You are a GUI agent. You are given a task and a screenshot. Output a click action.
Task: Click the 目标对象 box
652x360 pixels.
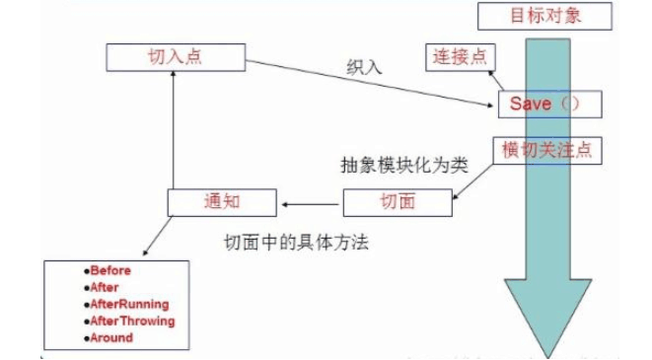point(544,16)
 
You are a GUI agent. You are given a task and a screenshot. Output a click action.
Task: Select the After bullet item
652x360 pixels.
point(104,287)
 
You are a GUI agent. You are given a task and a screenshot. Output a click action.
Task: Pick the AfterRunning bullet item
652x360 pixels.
point(127,304)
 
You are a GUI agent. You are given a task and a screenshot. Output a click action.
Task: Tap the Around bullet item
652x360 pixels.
point(109,337)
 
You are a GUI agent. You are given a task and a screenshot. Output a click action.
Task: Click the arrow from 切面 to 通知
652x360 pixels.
point(310,203)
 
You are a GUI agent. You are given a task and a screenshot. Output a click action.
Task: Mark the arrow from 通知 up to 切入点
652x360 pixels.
point(173,128)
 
